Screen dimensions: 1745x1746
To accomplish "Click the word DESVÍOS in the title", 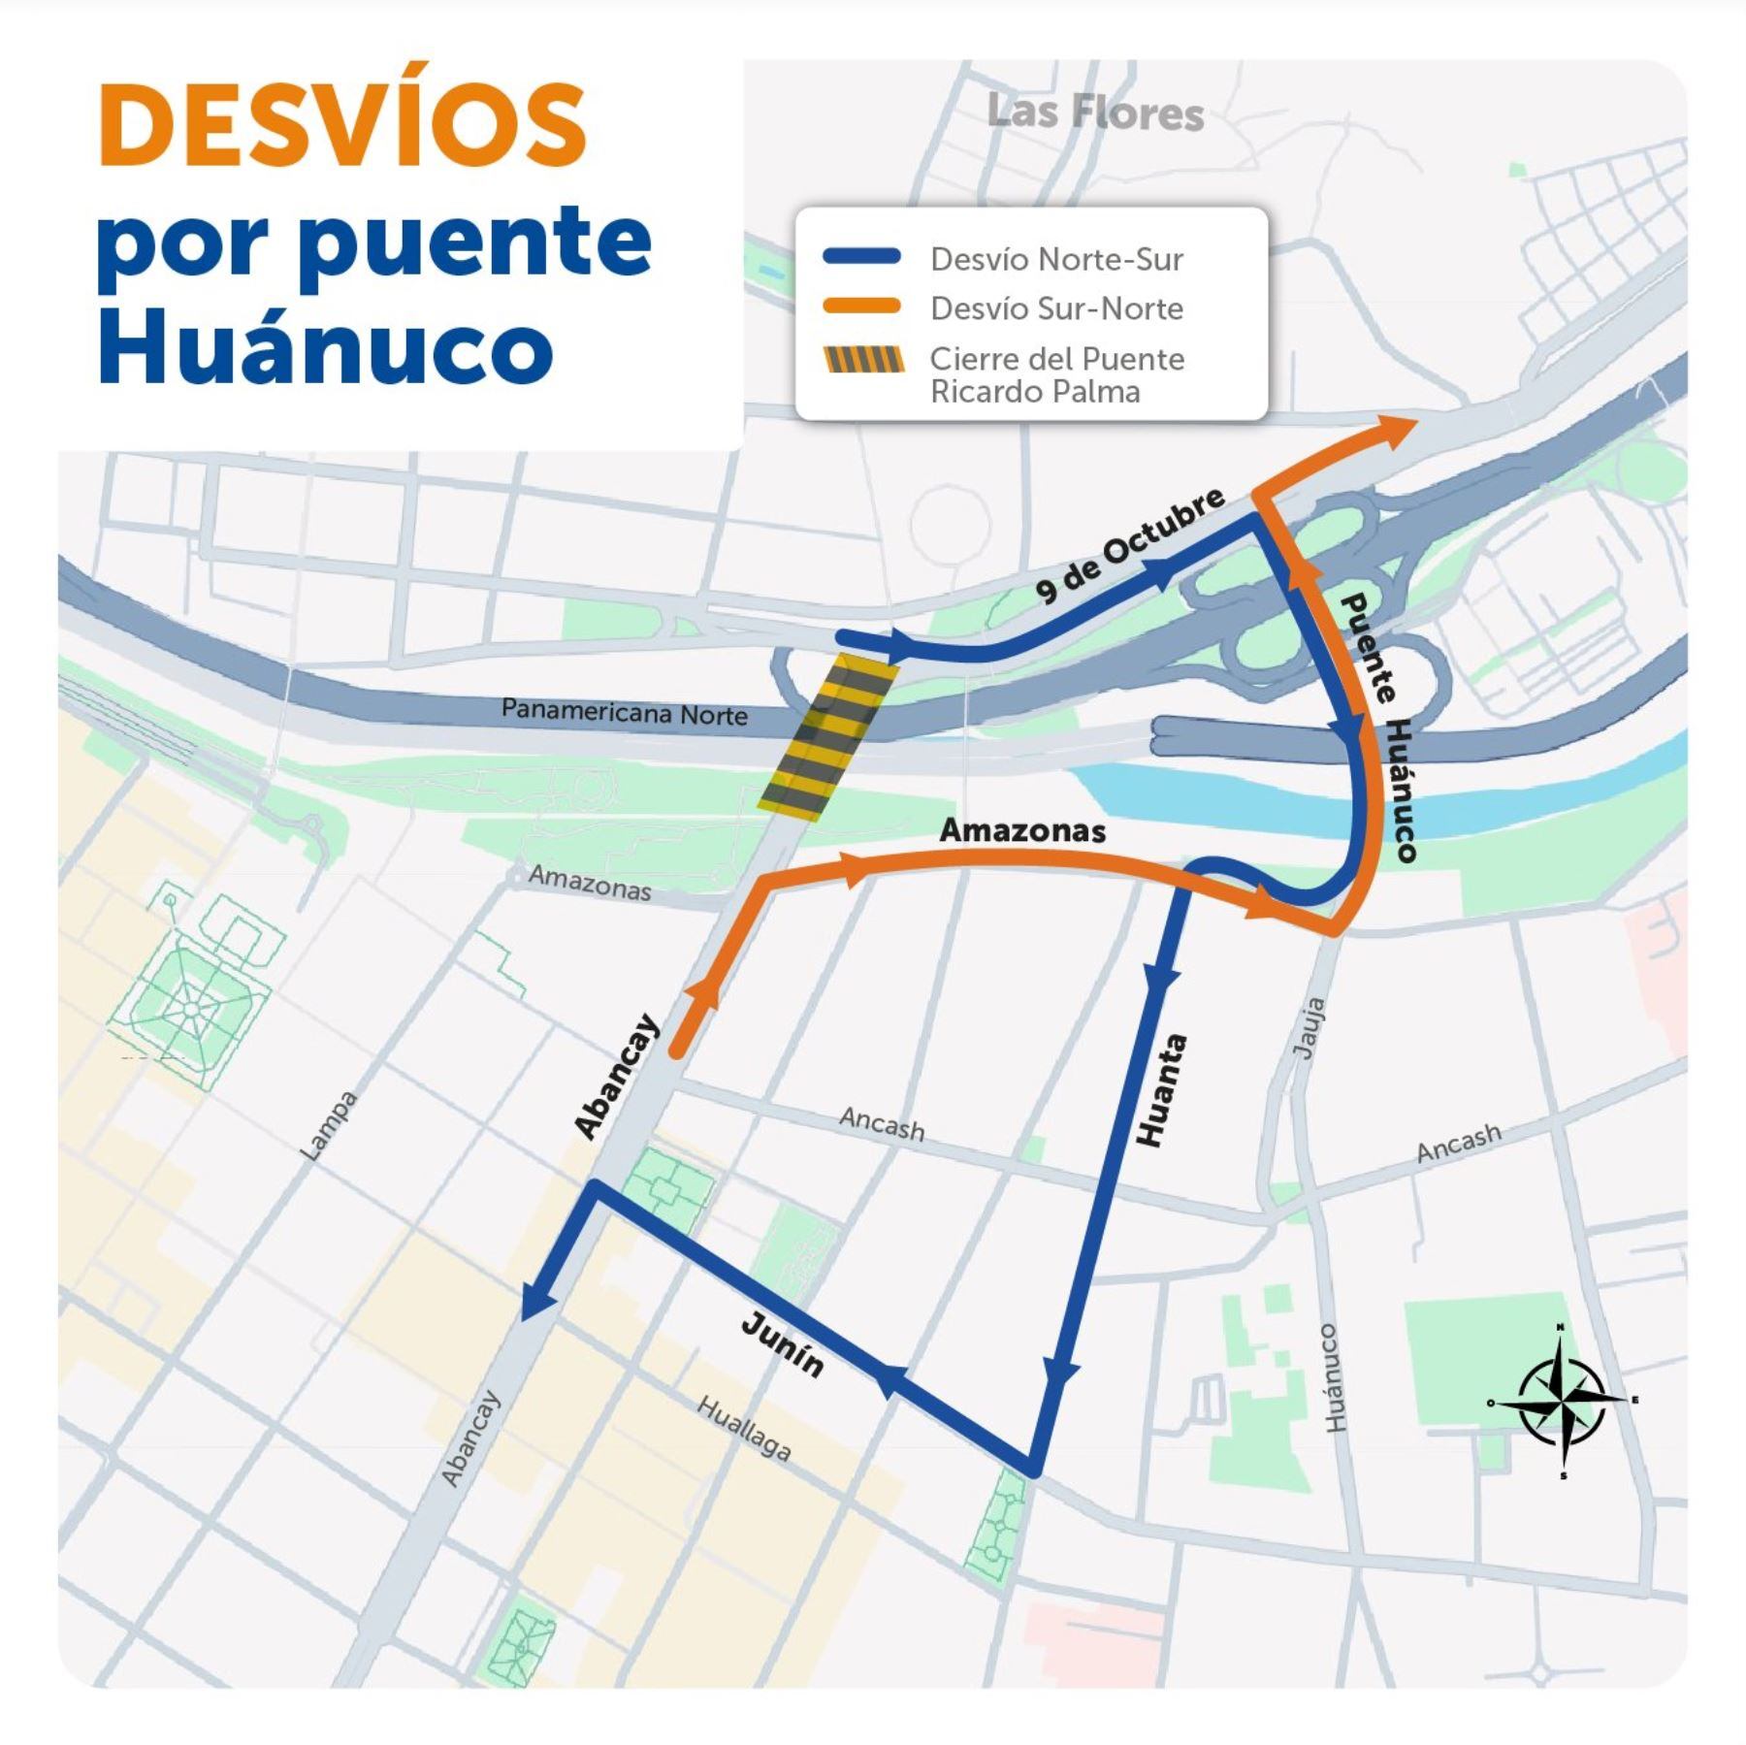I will (x=342, y=127).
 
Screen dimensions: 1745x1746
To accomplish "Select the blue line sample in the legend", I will (x=862, y=258).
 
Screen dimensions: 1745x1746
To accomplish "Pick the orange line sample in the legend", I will (x=862, y=307).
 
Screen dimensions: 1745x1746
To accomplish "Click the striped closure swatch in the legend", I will (x=863, y=360).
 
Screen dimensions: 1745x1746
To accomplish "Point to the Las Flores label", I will (x=1095, y=113).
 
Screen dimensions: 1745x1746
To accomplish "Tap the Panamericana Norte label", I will (x=624, y=712).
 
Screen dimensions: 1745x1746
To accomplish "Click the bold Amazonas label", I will (x=1022, y=830).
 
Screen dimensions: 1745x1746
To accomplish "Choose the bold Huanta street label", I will (x=1163, y=1090).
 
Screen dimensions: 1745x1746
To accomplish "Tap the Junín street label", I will (x=783, y=1344).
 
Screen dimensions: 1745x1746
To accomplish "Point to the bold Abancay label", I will (x=616, y=1076).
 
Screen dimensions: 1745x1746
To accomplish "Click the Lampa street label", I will (x=329, y=1126).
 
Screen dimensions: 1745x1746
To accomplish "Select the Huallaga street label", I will (x=744, y=1428).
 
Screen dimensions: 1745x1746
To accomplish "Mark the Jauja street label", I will (x=1309, y=1028).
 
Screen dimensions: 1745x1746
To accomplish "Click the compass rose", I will (x=1561, y=1401).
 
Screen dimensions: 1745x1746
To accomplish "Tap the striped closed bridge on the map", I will (x=825, y=734).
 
